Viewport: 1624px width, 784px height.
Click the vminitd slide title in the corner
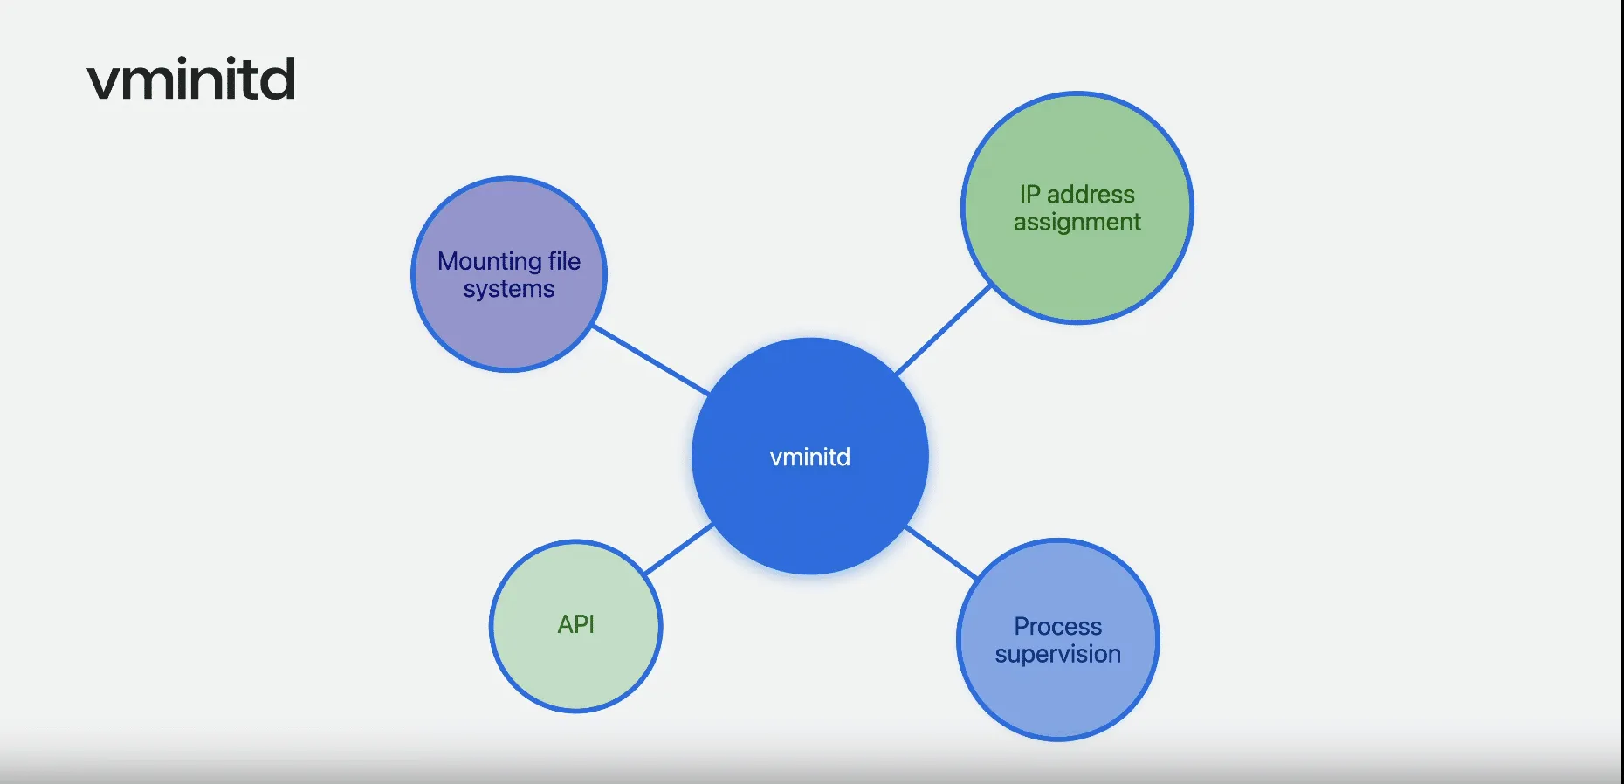point(191,79)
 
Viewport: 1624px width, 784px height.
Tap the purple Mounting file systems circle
point(509,332)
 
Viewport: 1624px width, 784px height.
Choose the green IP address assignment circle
point(1077,271)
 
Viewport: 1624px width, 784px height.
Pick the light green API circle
point(576,672)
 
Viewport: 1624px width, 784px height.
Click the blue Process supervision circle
point(1058,694)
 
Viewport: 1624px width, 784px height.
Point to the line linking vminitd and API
point(678,549)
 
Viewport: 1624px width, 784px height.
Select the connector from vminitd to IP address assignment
point(944,330)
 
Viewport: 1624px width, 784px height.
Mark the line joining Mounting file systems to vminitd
point(651,361)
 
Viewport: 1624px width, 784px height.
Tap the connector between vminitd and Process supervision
point(941,553)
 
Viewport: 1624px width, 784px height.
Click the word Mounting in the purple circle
point(490,261)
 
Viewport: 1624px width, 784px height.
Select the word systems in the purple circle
point(509,289)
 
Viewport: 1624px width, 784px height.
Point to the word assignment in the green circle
point(1077,223)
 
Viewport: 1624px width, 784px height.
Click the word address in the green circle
point(1091,194)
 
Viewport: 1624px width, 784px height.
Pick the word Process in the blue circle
point(1058,626)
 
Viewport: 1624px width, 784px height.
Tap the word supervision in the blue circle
point(1058,654)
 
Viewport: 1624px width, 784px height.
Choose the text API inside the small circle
point(576,624)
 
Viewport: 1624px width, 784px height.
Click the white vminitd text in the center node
point(810,457)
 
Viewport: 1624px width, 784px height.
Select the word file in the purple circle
point(564,261)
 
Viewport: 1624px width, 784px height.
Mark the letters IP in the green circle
point(1029,194)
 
